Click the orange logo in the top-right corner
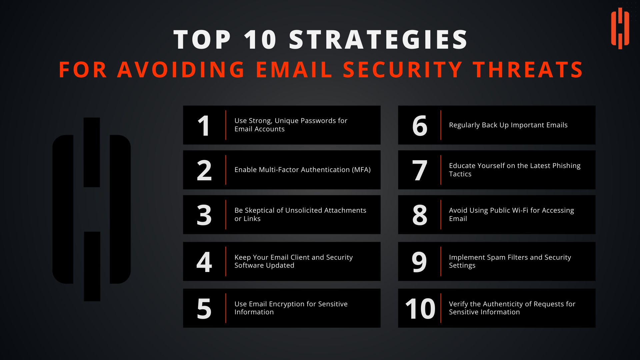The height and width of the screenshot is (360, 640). point(620,28)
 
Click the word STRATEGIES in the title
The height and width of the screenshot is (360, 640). point(379,40)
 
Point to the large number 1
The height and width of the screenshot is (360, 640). point(204,126)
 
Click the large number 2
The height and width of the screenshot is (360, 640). point(204,170)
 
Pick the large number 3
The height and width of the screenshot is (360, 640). point(204,215)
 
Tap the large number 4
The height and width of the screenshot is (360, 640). point(204,262)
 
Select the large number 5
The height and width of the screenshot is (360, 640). point(204,309)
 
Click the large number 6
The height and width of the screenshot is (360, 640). point(420,126)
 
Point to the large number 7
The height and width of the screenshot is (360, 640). point(420,170)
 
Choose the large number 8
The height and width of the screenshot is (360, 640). point(420,215)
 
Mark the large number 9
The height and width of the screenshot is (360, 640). point(419,262)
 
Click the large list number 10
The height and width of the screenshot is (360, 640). point(420,309)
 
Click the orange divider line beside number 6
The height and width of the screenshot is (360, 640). point(441,125)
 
